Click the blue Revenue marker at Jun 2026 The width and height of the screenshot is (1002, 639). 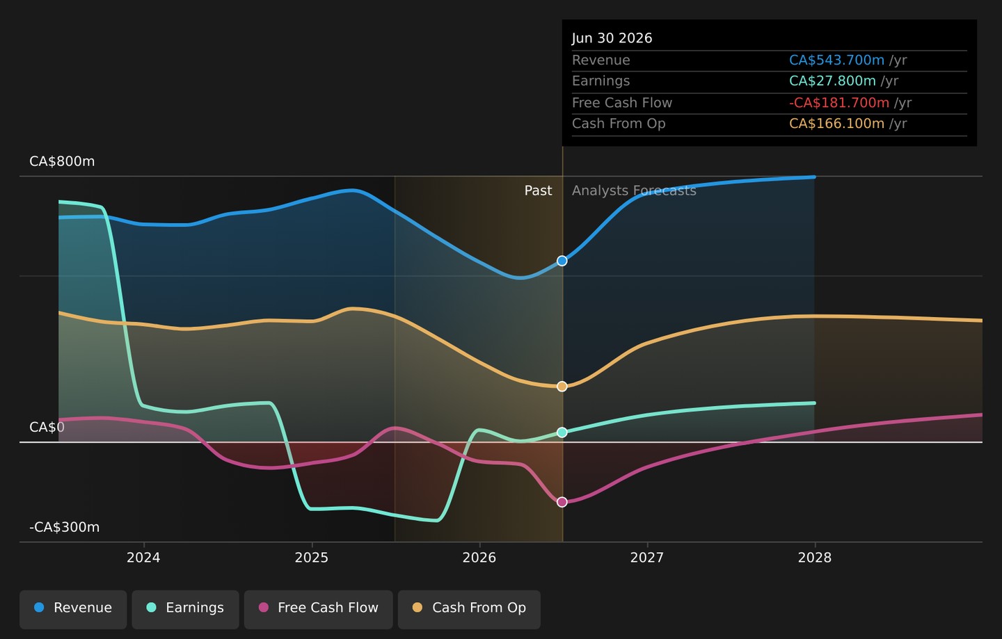[x=562, y=261]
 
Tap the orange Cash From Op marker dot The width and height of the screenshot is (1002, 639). [x=562, y=387]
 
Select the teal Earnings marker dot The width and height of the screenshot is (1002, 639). [x=562, y=432]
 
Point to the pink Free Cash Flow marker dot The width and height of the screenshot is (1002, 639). [x=562, y=502]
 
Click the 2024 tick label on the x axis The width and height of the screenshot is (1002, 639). [x=143, y=558]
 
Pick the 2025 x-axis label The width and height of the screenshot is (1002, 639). [x=312, y=558]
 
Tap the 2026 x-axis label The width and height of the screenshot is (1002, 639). [x=479, y=558]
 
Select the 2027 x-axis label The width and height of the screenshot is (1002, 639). [x=647, y=558]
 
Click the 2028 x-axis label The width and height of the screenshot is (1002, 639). [x=815, y=558]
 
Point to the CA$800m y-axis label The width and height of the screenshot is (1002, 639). [x=62, y=161]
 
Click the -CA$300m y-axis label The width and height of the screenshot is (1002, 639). [x=65, y=527]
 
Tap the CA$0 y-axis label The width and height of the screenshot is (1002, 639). [x=47, y=427]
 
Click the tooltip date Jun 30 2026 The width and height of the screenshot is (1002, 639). [x=612, y=38]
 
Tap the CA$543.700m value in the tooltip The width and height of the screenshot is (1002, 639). [x=836, y=60]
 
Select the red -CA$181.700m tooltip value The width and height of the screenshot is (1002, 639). [x=839, y=103]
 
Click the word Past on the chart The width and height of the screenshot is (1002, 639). [x=538, y=191]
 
